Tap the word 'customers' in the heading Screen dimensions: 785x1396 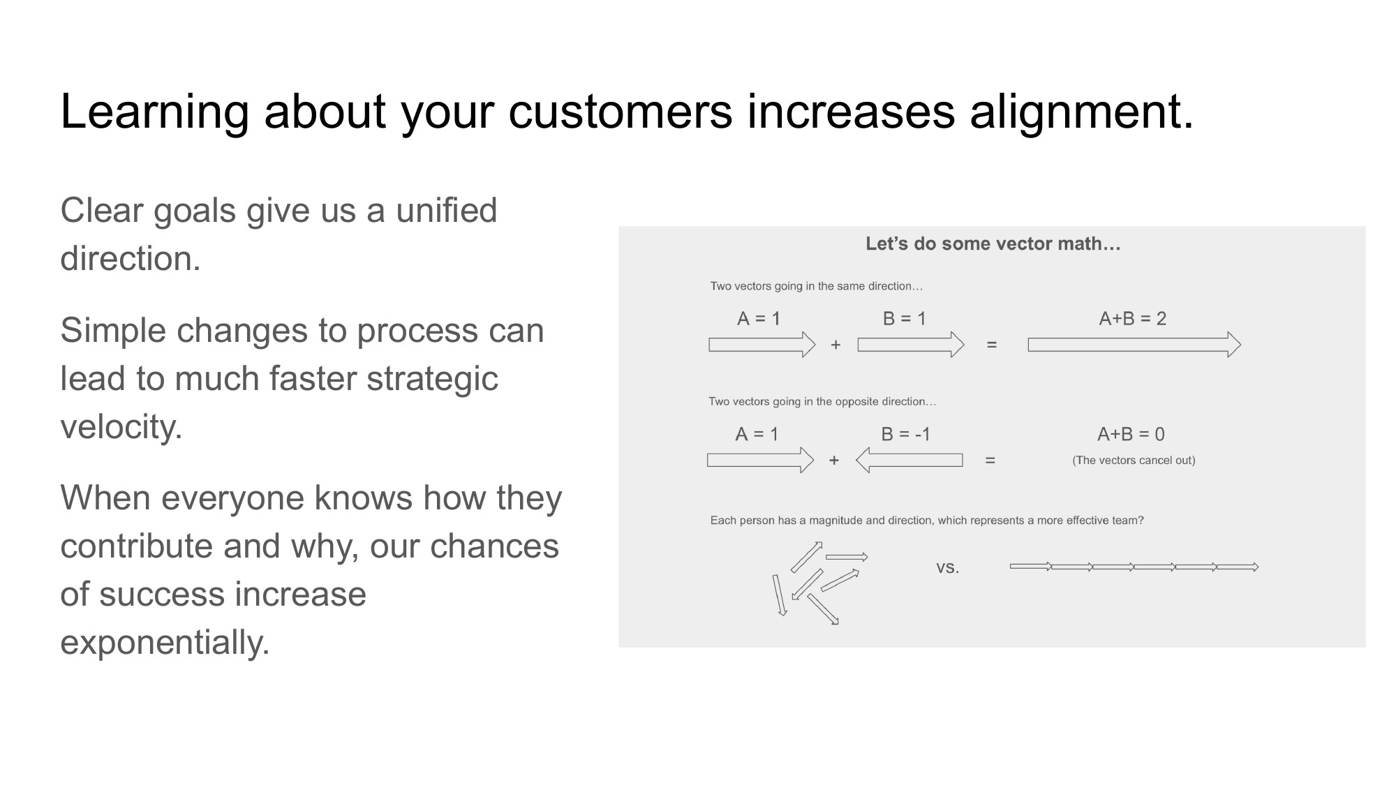(620, 112)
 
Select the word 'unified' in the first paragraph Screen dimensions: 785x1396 (446, 211)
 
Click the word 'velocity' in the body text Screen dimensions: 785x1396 (120, 426)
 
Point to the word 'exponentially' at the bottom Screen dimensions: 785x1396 (164, 642)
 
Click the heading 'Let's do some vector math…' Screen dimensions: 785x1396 (993, 244)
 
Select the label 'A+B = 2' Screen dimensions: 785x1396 (1132, 319)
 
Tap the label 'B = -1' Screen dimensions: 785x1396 (905, 434)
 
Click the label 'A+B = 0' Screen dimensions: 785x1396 (1131, 434)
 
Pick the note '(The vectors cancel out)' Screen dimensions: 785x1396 (1134, 461)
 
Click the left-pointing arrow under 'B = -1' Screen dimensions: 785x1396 (909, 461)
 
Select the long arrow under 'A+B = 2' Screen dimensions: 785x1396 (1134, 345)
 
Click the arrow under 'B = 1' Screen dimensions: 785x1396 (910, 345)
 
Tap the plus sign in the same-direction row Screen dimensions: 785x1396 (836, 345)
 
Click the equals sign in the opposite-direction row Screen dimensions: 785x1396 (990, 461)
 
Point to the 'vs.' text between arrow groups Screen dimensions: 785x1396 (947, 567)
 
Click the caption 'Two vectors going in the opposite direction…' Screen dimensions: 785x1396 (822, 402)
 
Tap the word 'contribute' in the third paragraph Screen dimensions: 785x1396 (136, 546)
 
